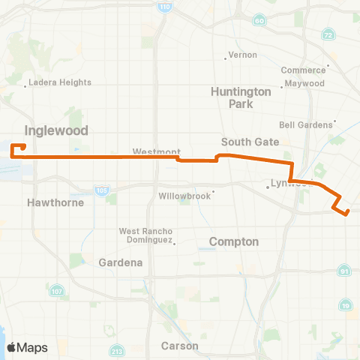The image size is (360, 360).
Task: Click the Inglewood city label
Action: [56, 130]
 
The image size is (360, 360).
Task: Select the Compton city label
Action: [233, 242]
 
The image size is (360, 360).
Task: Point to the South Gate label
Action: [250, 142]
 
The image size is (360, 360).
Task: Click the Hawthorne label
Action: [49, 202]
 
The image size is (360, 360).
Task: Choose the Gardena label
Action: [121, 262]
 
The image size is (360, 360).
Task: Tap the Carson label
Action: [180, 346]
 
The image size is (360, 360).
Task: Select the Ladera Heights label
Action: [60, 82]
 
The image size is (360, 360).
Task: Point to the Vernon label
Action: [243, 55]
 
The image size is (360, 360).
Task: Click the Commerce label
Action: [303, 70]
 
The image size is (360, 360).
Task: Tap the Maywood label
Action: [304, 83]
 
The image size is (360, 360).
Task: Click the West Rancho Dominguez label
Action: [146, 235]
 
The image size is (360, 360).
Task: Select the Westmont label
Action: [154, 151]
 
